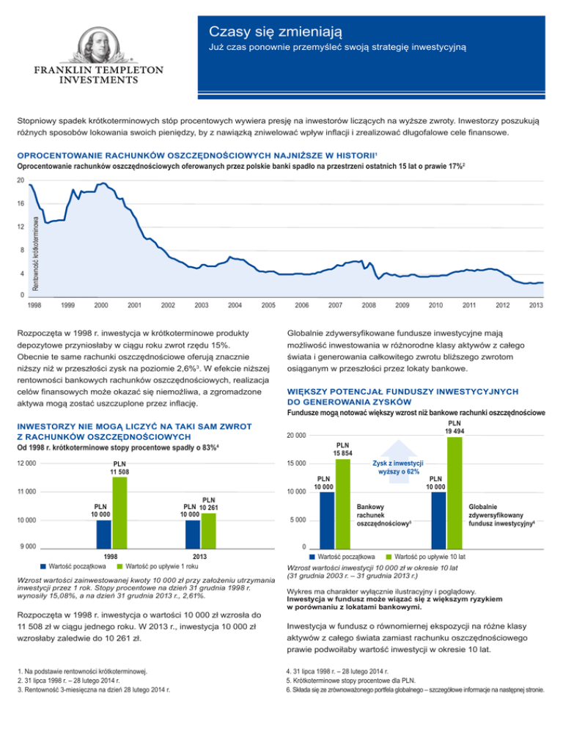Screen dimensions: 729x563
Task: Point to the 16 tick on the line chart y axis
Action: coord(21,202)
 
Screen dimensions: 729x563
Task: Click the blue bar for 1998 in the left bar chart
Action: coord(104,534)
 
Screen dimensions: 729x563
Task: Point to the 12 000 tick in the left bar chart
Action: coord(24,463)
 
